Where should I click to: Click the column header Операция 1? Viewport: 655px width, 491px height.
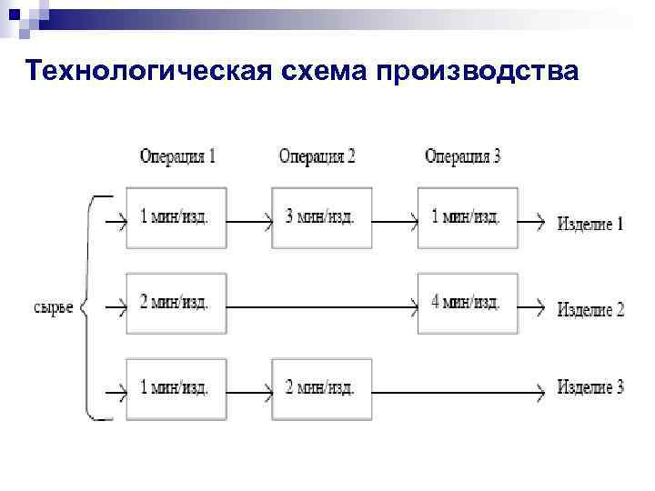[x=177, y=156]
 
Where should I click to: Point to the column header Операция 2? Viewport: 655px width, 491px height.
[x=317, y=156]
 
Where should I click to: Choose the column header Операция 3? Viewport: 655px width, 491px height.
[x=462, y=156]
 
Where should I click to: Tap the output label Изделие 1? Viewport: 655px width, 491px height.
[x=590, y=223]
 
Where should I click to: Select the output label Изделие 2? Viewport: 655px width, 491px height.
[x=590, y=309]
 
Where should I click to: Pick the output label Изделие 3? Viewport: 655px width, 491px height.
[x=590, y=388]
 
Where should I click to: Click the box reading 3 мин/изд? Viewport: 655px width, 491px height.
[x=321, y=218]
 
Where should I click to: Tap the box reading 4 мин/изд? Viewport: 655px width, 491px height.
[x=468, y=303]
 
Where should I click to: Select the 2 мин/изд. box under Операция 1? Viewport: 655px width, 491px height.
[x=176, y=303]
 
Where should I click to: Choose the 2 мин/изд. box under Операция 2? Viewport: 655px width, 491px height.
[x=321, y=389]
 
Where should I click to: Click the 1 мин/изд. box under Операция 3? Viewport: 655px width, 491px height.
[x=468, y=218]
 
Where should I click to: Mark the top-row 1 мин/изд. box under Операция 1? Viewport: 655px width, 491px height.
[x=176, y=218]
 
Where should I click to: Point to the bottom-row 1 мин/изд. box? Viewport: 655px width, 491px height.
[x=176, y=389]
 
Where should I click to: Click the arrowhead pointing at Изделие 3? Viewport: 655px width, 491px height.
[x=540, y=392]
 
